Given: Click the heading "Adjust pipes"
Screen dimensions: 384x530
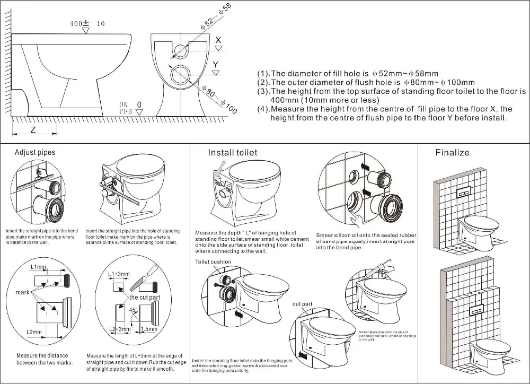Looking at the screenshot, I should click(x=35, y=152).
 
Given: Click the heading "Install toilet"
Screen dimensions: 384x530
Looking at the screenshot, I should click(x=232, y=153).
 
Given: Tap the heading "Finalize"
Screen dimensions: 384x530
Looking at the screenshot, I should click(x=452, y=152).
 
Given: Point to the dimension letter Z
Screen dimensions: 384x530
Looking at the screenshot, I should click(x=33, y=129).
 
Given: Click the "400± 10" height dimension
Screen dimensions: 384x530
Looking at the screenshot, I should click(x=87, y=24).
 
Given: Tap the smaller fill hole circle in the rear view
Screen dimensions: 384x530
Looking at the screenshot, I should click(x=181, y=51).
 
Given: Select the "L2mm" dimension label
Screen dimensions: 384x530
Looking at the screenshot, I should click(x=34, y=332).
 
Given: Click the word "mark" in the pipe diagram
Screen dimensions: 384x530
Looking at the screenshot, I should click(x=23, y=292).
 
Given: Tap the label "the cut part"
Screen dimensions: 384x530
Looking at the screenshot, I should click(x=145, y=298).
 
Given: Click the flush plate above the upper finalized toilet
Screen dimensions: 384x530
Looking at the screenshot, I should click(x=465, y=190).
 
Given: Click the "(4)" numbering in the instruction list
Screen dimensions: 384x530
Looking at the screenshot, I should click(x=263, y=109).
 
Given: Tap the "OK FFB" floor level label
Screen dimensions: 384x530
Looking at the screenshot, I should click(x=126, y=108).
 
